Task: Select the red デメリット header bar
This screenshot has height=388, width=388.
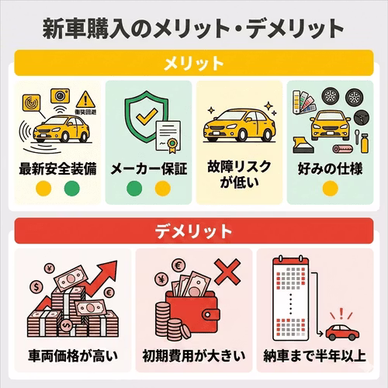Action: tap(194, 231)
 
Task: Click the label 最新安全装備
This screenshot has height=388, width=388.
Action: tap(58, 168)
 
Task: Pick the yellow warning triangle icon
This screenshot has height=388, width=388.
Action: tap(85, 99)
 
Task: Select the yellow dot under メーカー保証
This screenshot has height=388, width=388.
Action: tap(161, 188)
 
